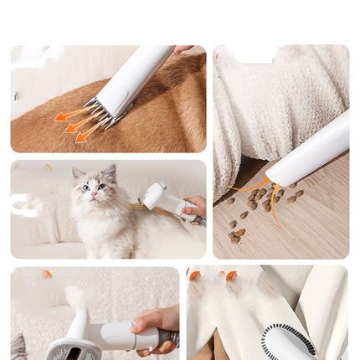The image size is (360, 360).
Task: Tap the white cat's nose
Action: (93, 192)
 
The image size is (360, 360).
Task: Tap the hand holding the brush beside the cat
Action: (194, 206)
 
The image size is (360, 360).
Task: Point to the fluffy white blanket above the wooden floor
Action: (268, 100)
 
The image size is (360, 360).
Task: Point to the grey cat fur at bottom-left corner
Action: (18, 347)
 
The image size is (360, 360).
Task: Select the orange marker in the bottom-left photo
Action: (48, 274)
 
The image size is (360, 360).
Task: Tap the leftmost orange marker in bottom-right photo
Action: (194, 275)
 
